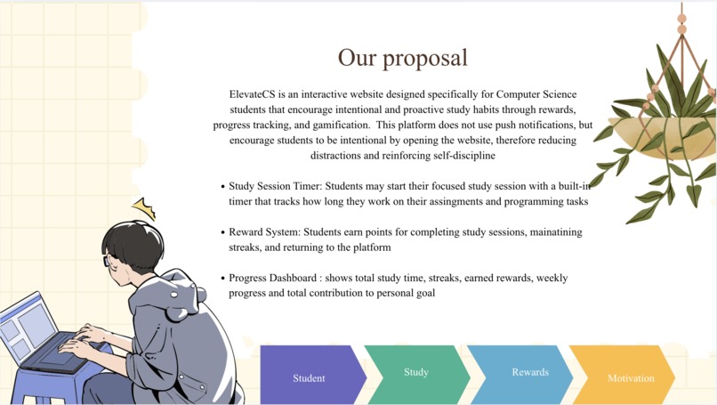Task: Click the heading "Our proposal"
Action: coord(402,58)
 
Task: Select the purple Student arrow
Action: coord(310,377)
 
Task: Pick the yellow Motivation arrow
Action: coord(630,377)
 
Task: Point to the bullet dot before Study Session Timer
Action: coord(222,187)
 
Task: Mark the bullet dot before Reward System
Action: coord(222,233)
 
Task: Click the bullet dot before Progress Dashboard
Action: coord(222,279)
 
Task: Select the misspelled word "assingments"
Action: coord(448,202)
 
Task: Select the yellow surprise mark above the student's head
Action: coord(143,208)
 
